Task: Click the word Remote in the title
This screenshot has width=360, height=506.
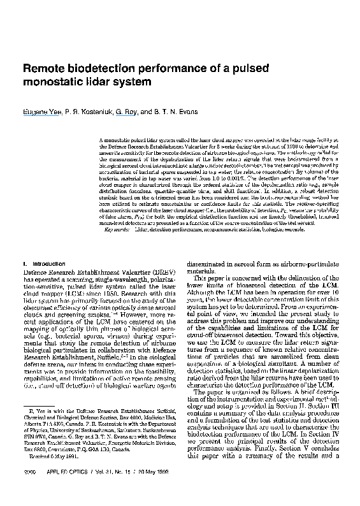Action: pyautogui.click(x=43, y=68)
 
